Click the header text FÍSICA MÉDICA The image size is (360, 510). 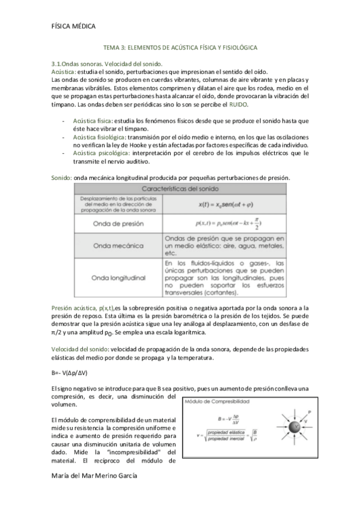coord(75,25)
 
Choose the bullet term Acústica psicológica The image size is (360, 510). coord(96,153)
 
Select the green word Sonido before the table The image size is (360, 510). coord(61,177)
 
